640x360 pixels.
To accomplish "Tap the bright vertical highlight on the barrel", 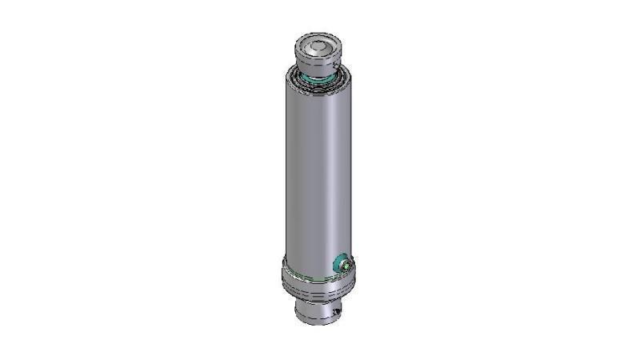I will [x=327, y=176].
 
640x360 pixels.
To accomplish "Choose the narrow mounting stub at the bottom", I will [x=317, y=310].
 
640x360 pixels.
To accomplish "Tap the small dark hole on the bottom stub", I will [x=337, y=312].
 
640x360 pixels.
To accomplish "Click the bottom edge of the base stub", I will [x=316, y=323].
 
